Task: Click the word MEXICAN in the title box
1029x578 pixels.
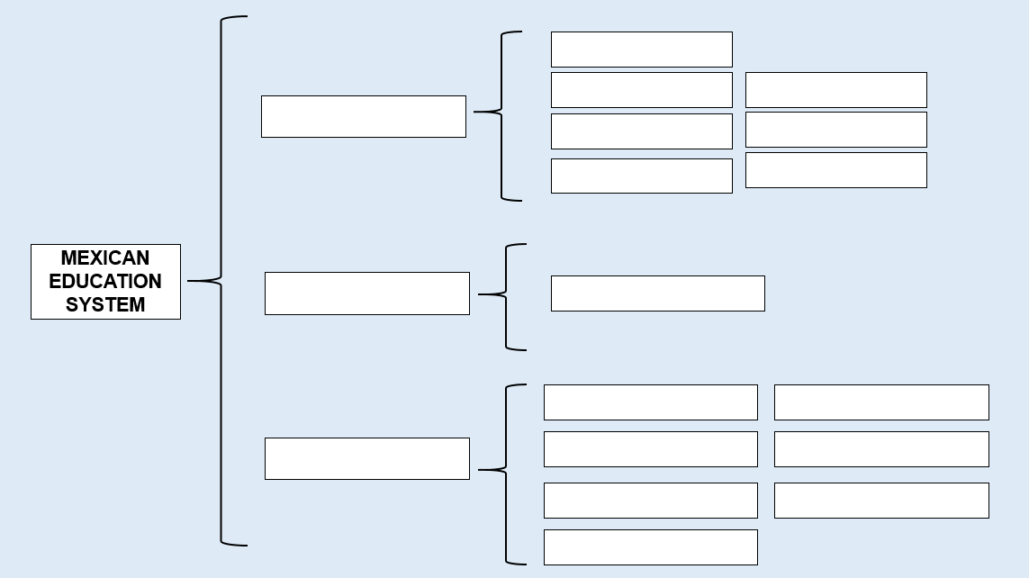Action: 105,257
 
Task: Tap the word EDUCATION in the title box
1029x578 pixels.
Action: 105,282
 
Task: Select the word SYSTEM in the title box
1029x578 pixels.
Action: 105,305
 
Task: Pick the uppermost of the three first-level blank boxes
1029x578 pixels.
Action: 364,117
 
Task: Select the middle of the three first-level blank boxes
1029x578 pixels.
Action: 366,294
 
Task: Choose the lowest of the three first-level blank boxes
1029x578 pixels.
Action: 366,458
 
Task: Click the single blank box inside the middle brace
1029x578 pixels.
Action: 657,294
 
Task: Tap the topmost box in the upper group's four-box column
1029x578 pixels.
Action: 642,50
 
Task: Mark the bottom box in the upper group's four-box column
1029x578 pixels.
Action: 642,176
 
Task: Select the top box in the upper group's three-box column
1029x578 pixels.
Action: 836,90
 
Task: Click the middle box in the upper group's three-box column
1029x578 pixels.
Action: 836,130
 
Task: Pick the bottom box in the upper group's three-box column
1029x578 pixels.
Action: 836,170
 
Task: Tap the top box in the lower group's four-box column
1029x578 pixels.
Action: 650,402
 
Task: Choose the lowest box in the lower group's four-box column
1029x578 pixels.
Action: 650,547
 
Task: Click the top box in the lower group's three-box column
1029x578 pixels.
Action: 881,402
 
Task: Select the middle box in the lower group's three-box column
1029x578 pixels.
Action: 881,449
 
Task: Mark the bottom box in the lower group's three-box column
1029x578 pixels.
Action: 881,501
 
